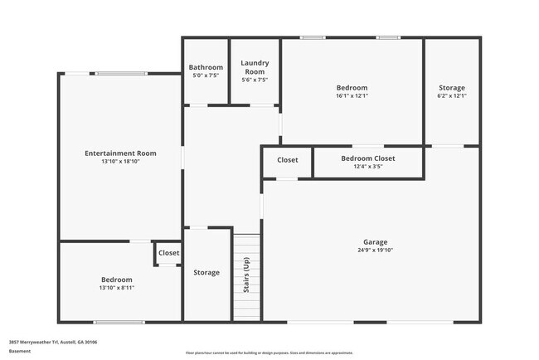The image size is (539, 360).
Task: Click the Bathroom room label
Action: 206,67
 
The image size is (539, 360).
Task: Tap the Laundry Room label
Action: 255,66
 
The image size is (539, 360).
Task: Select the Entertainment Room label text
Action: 120,153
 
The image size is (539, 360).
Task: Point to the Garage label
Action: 375,242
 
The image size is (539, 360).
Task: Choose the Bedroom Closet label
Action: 368,158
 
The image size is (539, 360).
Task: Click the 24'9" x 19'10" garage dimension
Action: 375,250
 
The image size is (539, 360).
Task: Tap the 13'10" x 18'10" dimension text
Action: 120,161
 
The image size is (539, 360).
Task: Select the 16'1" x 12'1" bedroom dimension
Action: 352,95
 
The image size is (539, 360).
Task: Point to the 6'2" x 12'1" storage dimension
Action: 452,95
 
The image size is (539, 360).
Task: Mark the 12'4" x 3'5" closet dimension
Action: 368,166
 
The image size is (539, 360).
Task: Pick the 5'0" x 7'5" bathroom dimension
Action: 206,75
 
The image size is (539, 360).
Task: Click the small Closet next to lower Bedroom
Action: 168,253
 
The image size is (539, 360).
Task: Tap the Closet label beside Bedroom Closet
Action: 288,160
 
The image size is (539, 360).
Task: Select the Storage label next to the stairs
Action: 206,272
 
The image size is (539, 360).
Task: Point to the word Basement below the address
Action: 20,352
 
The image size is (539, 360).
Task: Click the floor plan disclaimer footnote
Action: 269,353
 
